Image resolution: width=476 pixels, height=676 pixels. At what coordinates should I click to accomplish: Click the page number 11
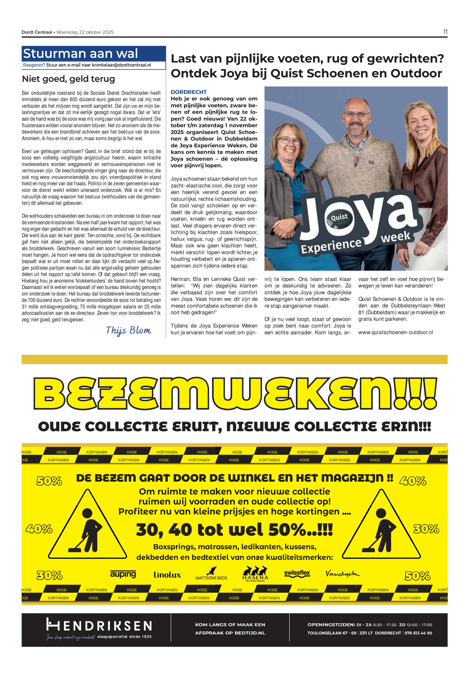[x=445, y=32]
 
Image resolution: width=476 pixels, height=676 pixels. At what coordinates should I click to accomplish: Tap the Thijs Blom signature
[x=128, y=330]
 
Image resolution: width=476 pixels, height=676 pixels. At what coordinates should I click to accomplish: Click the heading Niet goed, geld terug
[x=68, y=79]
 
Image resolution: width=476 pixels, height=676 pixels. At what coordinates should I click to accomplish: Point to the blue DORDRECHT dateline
[x=189, y=92]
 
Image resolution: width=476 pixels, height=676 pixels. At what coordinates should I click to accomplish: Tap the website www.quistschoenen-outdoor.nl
[x=395, y=332]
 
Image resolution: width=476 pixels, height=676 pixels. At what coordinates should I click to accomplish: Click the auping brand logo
[x=123, y=574]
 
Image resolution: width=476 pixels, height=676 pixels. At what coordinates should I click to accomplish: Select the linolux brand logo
[x=167, y=575]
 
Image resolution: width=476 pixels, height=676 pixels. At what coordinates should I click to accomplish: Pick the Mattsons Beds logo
[x=211, y=574]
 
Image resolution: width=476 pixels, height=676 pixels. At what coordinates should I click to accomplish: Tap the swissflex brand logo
[x=297, y=573]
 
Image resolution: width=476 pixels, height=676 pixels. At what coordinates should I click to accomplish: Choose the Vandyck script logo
[x=342, y=573]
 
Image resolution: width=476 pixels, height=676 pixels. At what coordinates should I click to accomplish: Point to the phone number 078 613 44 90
[x=418, y=633]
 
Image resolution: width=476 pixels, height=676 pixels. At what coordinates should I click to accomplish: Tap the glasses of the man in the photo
[x=356, y=114]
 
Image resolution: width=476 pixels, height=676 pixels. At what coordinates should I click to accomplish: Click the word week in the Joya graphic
[x=395, y=237]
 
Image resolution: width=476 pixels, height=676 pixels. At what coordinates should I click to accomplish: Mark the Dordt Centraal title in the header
[x=37, y=32]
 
